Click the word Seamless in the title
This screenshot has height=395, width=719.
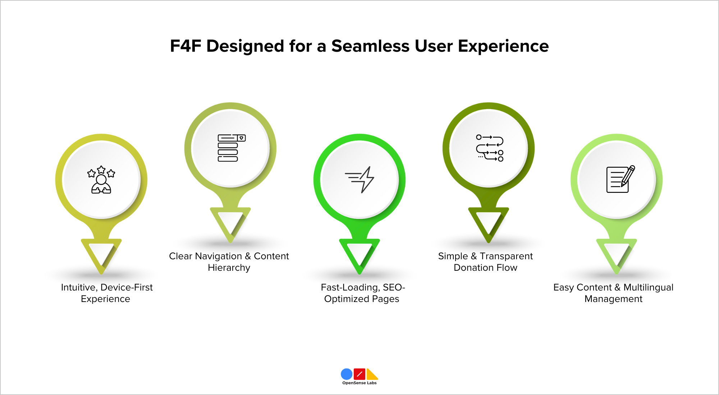pyautogui.click(x=370, y=46)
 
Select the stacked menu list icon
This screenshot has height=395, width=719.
pyautogui.click(x=231, y=148)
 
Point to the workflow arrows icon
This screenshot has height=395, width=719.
pyautogui.click(x=490, y=148)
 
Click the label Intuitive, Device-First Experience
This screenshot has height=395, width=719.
pyautogui.click(x=106, y=293)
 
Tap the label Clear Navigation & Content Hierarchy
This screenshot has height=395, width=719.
pyautogui.click(x=229, y=262)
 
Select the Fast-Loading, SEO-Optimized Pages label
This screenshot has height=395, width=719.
pyautogui.click(x=362, y=293)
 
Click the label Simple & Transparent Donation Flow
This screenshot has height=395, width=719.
pyautogui.click(x=485, y=262)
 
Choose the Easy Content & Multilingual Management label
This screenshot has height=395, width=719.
pyautogui.click(x=613, y=293)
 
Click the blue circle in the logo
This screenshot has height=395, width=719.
pyautogui.click(x=347, y=374)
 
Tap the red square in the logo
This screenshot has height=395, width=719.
pyautogui.click(x=359, y=374)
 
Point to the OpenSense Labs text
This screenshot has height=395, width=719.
pyautogui.click(x=359, y=383)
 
